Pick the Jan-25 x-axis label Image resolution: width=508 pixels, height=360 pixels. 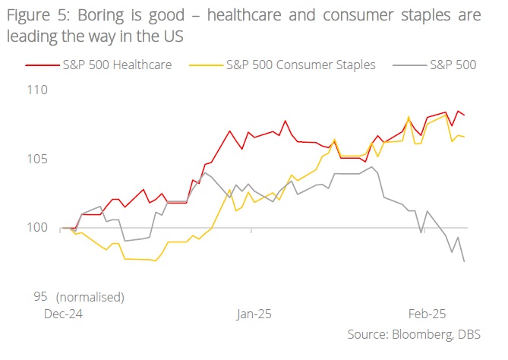254,313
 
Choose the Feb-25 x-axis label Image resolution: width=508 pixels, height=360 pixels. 428,313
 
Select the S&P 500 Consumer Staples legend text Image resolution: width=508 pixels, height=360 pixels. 301,65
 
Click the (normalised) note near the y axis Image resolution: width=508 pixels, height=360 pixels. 90,295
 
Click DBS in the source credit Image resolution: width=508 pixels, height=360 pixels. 478,335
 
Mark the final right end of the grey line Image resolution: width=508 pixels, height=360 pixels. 464,262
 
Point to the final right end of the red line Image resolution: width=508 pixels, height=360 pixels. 464,115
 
